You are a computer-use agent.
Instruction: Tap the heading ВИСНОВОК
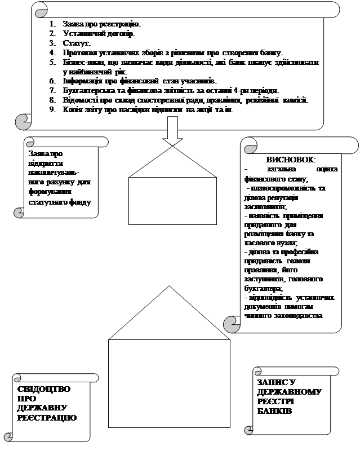coord(291,160)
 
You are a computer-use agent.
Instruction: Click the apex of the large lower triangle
coord(168,286)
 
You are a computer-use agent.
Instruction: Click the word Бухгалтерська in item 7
coord(88,90)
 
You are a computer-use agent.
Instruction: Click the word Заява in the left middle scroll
coord(38,153)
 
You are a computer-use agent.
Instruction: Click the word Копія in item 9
coord(74,109)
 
